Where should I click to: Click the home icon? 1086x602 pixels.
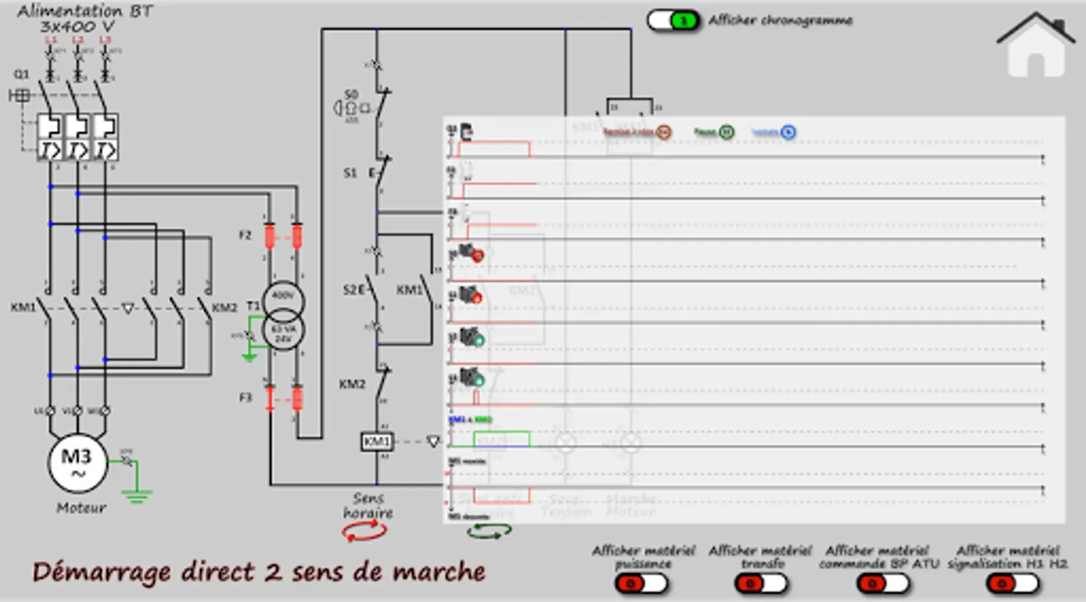point(1034,45)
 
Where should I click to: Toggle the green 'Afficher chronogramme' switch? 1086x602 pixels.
point(673,21)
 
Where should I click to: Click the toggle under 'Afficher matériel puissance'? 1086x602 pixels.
point(641,584)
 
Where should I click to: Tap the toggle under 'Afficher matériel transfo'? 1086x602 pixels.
point(760,584)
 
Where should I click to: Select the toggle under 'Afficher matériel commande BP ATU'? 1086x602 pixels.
point(882,584)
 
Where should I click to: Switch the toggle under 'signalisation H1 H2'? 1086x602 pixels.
point(1012,584)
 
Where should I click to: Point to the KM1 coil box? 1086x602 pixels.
point(377,441)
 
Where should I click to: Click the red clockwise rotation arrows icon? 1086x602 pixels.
point(364,532)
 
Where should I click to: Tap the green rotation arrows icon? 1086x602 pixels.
point(489,532)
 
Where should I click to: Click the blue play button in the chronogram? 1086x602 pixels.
point(788,132)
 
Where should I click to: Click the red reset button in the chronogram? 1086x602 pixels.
point(663,132)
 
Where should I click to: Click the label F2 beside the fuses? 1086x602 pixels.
point(246,235)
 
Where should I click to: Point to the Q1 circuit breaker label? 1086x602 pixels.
point(21,74)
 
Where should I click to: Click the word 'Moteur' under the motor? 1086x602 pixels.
point(81,508)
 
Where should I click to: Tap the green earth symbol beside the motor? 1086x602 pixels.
point(137,494)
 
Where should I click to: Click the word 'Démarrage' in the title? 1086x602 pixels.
point(101,573)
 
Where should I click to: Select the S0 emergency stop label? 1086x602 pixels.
point(351,94)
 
